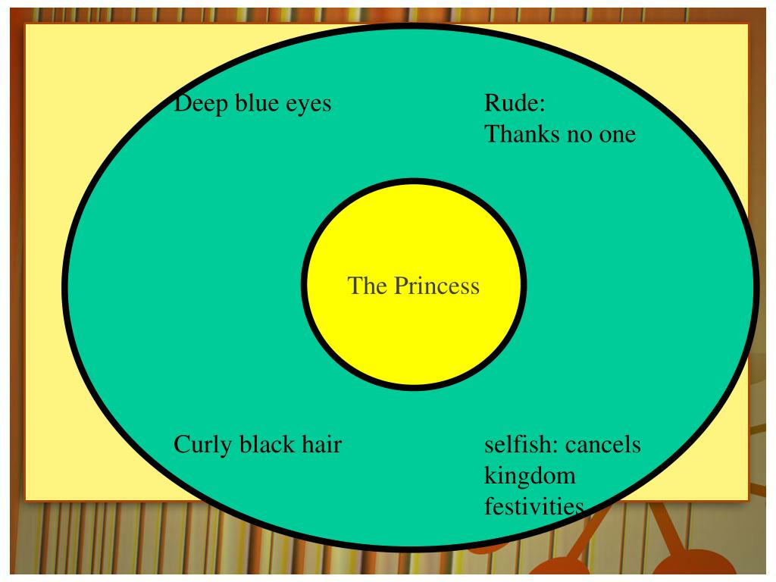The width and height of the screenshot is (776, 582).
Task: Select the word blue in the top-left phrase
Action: click(257, 103)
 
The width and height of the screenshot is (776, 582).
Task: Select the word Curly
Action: click(203, 444)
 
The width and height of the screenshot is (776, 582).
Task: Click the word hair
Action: click(321, 444)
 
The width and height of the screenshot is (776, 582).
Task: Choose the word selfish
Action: click(519, 444)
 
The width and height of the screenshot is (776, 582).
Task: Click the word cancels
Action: click(603, 444)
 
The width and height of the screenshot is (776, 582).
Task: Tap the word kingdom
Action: click(530, 477)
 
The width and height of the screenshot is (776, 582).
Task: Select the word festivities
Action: click(533, 506)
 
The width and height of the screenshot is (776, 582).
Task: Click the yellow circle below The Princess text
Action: click(414, 341)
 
